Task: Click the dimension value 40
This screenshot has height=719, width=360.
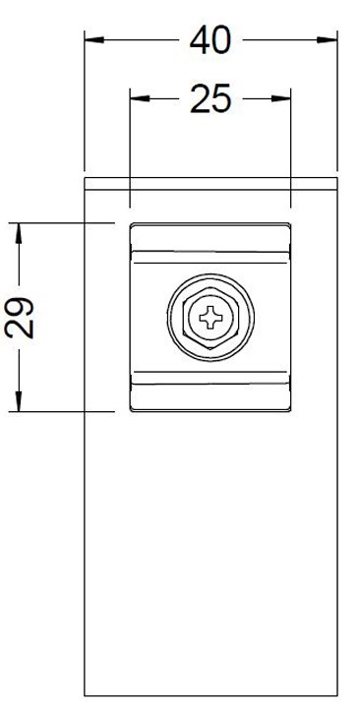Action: tap(210, 40)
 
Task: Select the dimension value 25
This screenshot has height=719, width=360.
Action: tap(210, 99)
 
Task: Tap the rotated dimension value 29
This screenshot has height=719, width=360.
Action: tap(20, 318)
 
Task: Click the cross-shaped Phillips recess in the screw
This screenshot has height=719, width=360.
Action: tap(210, 318)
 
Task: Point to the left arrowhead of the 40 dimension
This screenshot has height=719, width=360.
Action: tap(94, 40)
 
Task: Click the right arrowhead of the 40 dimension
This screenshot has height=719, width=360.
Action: tap(328, 40)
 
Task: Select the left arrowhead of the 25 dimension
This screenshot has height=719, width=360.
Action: tap(140, 98)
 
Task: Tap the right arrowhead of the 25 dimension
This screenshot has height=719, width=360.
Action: tap(281, 98)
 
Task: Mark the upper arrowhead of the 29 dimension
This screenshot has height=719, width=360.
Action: tap(19, 233)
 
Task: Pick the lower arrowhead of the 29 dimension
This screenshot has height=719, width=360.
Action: tap(19, 401)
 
